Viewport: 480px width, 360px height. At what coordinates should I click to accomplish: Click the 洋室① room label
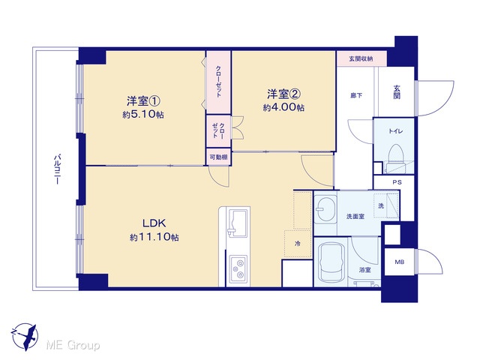pyautogui.click(x=143, y=101)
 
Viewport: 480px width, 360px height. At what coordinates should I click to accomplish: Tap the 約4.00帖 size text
pyautogui.click(x=283, y=108)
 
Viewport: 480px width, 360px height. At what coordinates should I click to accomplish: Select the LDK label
pyautogui.click(x=154, y=223)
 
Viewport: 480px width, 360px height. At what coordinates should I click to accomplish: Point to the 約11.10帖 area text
pyautogui.click(x=154, y=237)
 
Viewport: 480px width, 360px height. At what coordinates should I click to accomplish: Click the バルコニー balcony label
pyautogui.click(x=57, y=169)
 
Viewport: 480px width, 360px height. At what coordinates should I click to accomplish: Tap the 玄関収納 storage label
pyautogui.click(x=361, y=58)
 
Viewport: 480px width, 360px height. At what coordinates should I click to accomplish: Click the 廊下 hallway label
pyautogui.click(x=356, y=95)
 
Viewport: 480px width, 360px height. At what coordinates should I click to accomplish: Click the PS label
pyautogui.click(x=397, y=182)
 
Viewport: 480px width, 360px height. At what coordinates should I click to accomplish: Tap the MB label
pyautogui.click(x=399, y=262)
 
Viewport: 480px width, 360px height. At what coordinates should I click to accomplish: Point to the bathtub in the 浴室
pyautogui.click(x=331, y=262)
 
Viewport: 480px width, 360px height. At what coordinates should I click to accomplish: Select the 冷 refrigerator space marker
pyautogui.click(x=298, y=244)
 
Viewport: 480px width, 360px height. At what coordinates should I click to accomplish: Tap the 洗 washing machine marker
pyautogui.click(x=381, y=206)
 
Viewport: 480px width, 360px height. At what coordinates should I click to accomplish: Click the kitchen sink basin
pyautogui.click(x=238, y=223)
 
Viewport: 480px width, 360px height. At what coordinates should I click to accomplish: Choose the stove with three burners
pyautogui.click(x=238, y=268)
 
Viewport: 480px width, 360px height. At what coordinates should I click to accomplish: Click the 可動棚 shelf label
pyautogui.click(x=218, y=157)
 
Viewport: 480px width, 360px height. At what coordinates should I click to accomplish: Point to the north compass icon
pyautogui.click(x=25, y=336)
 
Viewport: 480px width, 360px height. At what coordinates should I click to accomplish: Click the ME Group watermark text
pyautogui.click(x=73, y=346)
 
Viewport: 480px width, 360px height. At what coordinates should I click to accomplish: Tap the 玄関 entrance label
pyautogui.click(x=397, y=91)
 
